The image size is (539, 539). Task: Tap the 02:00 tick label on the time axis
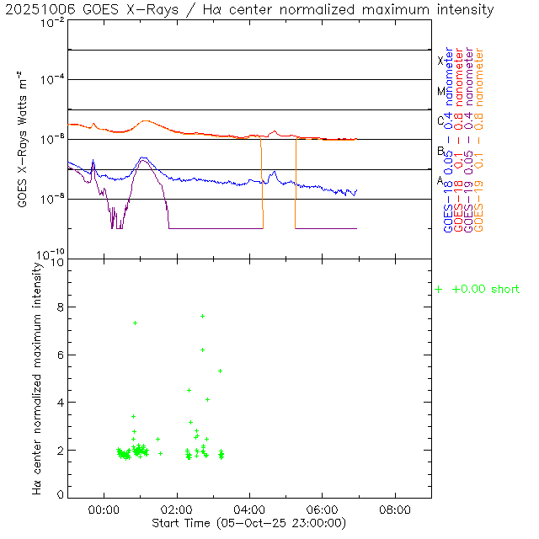click(x=177, y=510)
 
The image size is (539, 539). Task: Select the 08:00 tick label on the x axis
click(x=395, y=510)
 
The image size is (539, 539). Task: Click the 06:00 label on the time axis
click(x=323, y=510)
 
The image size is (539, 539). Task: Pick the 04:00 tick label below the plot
click(x=249, y=510)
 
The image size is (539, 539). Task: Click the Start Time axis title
click(x=250, y=523)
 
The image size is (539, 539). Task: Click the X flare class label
click(x=440, y=61)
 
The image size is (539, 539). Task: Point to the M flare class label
click(x=440, y=91)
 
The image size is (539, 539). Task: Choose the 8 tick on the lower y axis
click(x=58, y=307)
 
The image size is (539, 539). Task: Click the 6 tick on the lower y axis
click(x=58, y=355)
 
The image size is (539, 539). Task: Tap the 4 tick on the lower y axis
click(x=58, y=403)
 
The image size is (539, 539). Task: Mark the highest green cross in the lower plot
click(x=202, y=316)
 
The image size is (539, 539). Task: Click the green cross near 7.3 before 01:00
click(x=135, y=323)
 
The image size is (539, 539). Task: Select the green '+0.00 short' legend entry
click(x=478, y=289)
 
